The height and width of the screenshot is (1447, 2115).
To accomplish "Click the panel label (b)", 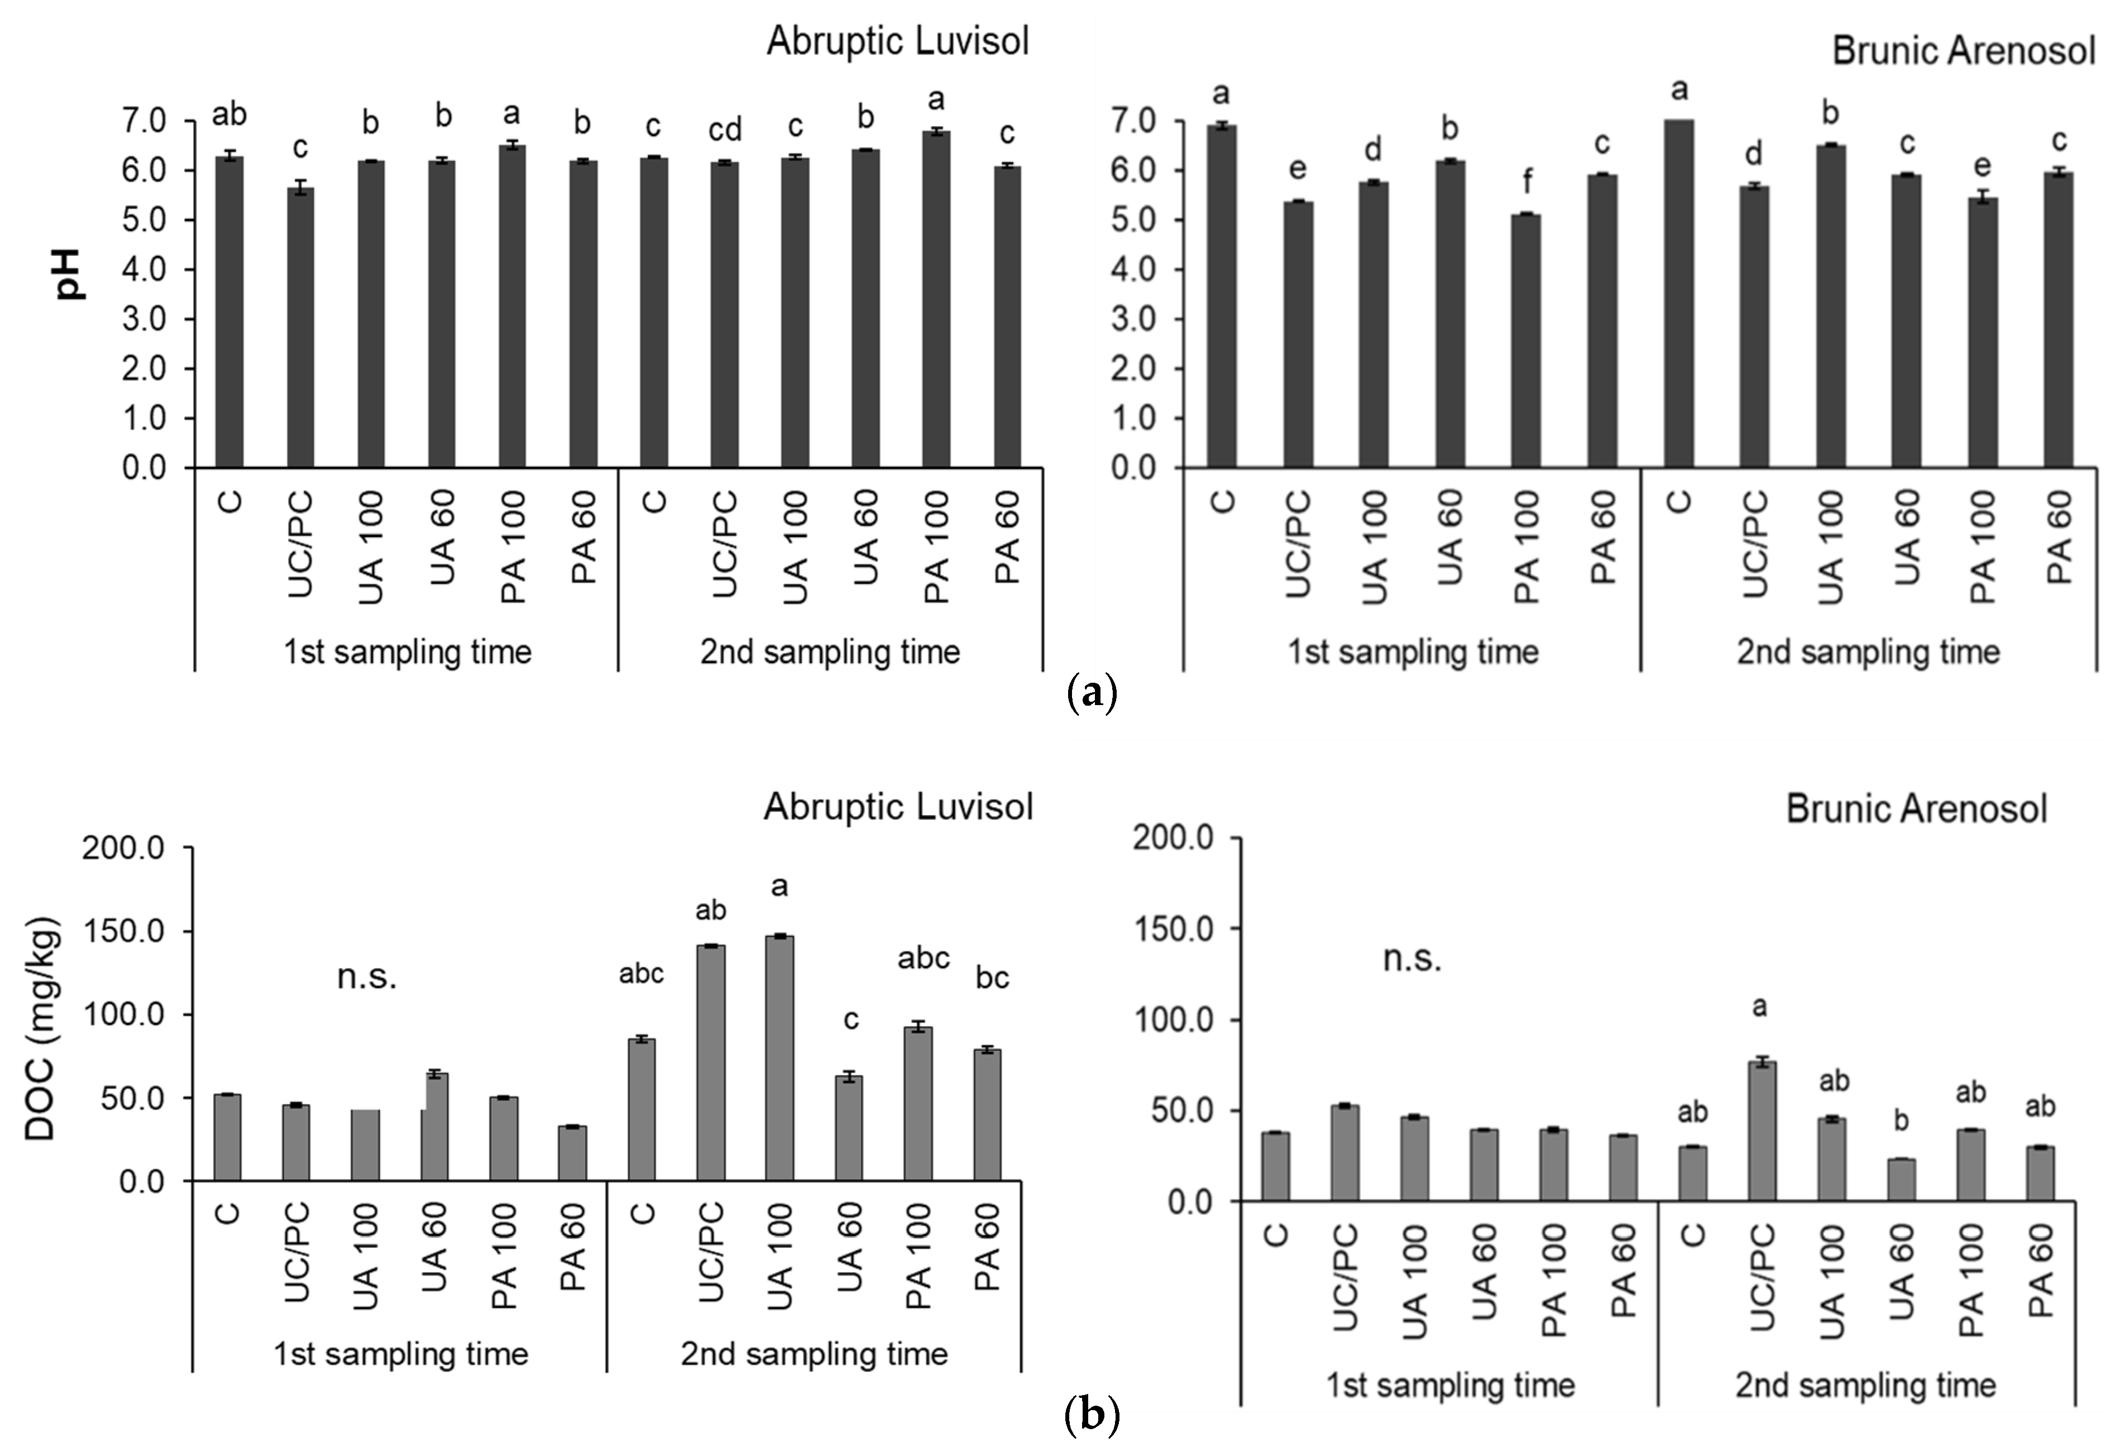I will (x=1091, y=1416).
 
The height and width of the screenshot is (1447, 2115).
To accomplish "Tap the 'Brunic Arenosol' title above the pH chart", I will (x=1963, y=51).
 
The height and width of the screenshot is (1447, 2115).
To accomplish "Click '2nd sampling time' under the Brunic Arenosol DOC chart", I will (x=1865, y=1385).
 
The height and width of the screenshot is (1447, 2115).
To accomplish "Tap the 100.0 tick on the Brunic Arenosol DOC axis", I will (x=1173, y=1020).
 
